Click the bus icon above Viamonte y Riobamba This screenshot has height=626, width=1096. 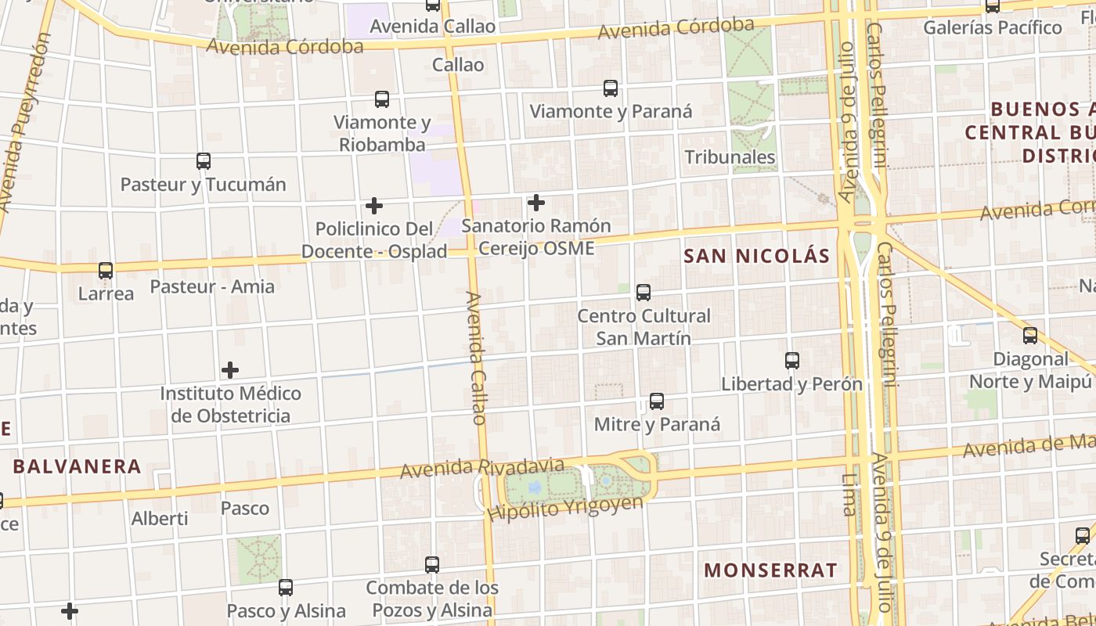point(382,99)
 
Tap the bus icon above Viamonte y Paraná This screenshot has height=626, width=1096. point(611,88)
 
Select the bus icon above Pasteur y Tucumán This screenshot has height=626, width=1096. point(204,161)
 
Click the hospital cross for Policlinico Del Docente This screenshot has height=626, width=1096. point(374,206)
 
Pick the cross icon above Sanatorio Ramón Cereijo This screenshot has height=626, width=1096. point(536,203)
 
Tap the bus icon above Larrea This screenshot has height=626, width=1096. point(106,271)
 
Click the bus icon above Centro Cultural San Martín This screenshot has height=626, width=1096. point(644,293)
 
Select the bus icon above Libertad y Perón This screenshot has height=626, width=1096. point(792,361)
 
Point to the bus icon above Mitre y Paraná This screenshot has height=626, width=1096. point(657,401)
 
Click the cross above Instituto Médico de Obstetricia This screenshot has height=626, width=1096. point(230,369)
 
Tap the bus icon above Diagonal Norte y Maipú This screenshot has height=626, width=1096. point(1030,336)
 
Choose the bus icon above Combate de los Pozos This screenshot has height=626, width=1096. point(432,564)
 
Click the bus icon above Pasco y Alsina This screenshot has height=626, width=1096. point(286,587)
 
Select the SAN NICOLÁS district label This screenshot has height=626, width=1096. point(756,256)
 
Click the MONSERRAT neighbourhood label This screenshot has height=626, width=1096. point(770,570)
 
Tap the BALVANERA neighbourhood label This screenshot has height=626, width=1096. point(77,467)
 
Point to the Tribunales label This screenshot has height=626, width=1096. point(730,156)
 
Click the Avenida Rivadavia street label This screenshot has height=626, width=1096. point(482,468)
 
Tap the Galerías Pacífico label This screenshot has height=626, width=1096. point(993,27)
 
